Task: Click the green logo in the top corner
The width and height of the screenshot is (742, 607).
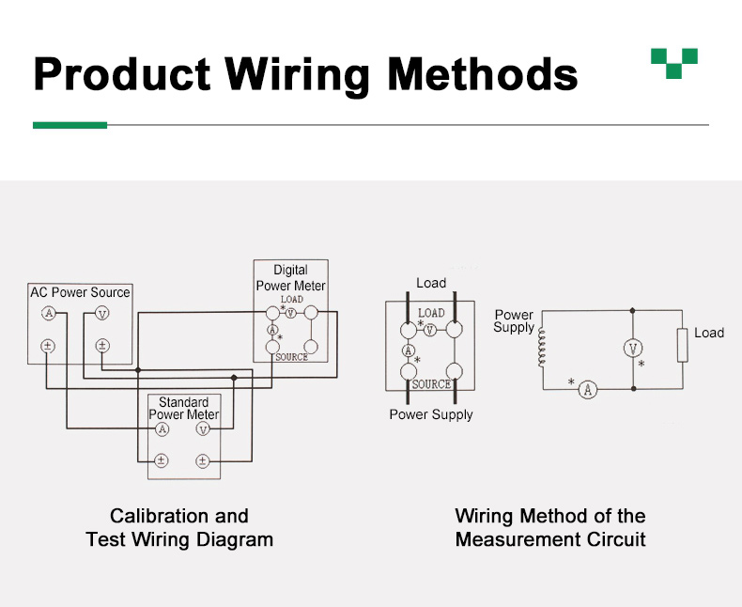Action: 674,63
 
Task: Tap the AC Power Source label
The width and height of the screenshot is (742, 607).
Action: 80,292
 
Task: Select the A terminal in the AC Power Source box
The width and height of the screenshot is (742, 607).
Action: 49,313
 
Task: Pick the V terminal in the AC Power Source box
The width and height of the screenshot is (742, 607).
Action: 102,313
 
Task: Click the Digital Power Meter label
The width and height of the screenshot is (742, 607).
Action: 290,278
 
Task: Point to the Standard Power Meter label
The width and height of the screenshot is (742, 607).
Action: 184,409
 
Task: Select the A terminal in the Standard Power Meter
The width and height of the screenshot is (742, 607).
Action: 162,429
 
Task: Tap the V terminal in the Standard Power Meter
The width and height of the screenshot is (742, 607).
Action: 202,429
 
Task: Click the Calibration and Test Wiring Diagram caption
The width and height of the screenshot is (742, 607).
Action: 179,527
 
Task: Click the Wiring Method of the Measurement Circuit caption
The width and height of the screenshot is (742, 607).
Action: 550,527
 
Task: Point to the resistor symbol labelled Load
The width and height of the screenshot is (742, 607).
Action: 683,346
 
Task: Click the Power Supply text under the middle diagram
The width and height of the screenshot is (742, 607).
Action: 431,414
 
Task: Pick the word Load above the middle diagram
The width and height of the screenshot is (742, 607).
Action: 431,283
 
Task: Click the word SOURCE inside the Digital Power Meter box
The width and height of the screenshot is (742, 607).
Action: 291,357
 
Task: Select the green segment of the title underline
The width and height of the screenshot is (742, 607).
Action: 70,125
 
